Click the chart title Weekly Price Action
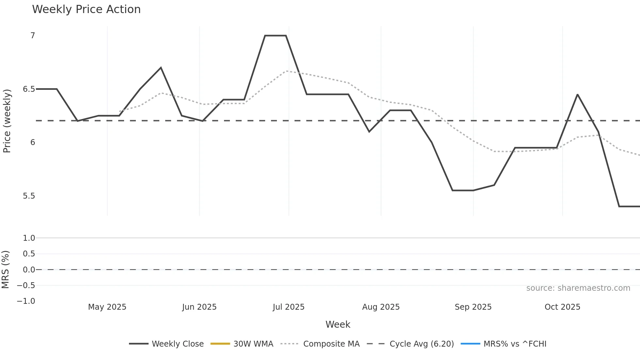click(86, 9)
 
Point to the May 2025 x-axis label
click(107, 307)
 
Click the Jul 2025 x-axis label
click(289, 307)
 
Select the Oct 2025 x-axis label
click(562, 307)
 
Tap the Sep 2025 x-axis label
click(473, 307)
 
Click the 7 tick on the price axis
click(33, 36)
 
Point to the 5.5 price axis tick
click(29, 196)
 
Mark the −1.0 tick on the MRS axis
click(26, 301)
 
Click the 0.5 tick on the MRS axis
click(29, 254)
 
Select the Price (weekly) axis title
click(7, 121)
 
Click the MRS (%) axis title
click(6, 270)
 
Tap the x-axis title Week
click(338, 325)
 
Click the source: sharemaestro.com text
click(578, 288)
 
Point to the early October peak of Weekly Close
click(577, 95)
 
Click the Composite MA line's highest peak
click(286, 71)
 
